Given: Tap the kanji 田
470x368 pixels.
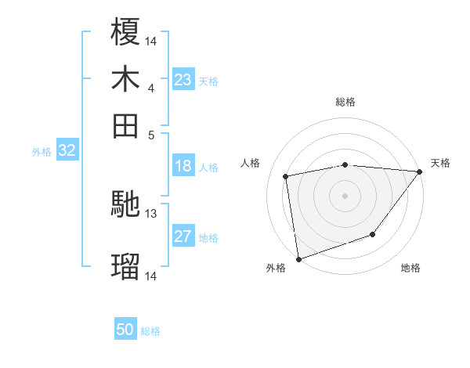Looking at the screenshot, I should pyautogui.click(x=125, y=125).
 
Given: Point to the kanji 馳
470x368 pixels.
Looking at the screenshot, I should pyautogui.click(x=125, y=206).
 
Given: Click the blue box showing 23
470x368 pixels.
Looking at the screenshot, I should pyautogui.click(x=183, y=80).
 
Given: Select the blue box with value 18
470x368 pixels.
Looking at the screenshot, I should pyautogui.click(x=183, y=166).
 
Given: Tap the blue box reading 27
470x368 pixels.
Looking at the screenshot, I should pyautogui.click(x=183, y=237).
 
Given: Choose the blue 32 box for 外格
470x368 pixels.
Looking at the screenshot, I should pyautogui.click(x=67, y=151).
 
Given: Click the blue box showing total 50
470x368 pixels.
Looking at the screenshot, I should pyautogui.click(x=125, y=330).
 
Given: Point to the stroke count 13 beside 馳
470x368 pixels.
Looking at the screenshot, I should pyautogui.click(x=151, y=213).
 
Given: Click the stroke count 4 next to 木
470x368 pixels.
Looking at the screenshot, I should pyautogui.click(x=150, y=88).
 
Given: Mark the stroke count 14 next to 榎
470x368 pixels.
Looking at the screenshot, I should pyautogui.click(x=151, y=40).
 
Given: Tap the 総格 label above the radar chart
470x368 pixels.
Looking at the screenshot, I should pyautogui.click(x=345, y=102).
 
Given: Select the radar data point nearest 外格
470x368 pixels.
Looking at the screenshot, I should pyautogui.click(x=298, y=258).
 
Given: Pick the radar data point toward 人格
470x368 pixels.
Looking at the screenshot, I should pyautogui.click(x=287, y=176).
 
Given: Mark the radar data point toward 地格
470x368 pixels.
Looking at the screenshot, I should pyautogui.click(x=374, y=234).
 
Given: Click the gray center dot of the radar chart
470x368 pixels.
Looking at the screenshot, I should pyautogui.click(x=345, y=195).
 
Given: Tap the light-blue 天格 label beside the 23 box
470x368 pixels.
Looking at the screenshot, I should pyautogui.click(x=208, y=81).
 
